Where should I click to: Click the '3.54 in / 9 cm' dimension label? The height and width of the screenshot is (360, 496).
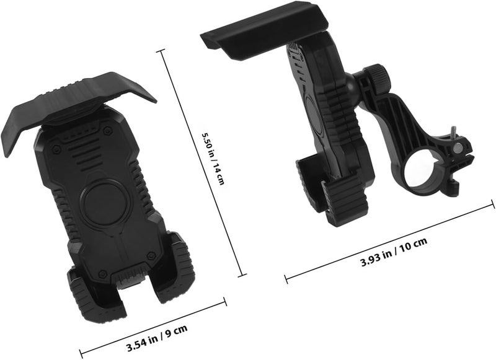pos(157,338)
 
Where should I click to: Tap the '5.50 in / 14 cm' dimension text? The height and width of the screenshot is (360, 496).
pos(213,158)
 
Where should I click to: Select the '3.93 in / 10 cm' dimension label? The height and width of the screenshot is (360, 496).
pos(394,252)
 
